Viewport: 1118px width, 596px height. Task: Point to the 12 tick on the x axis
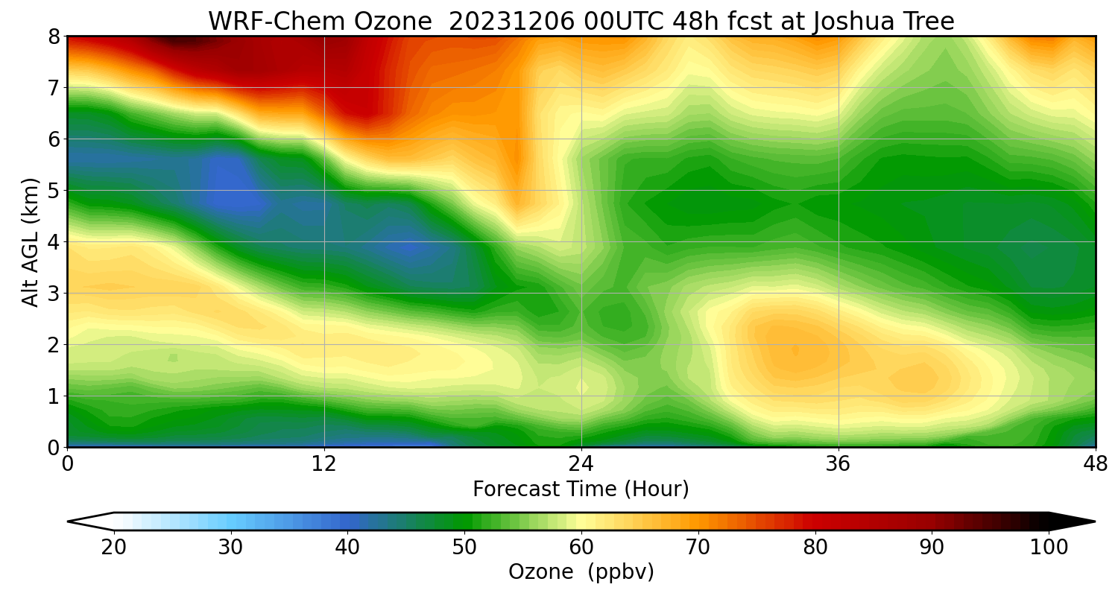(x=324, y=464)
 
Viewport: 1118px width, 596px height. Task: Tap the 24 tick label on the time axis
(x=581, y=464)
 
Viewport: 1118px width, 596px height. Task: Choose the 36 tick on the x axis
(x=838, y=464)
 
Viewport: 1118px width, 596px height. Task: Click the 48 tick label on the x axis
(x=1095, y=464)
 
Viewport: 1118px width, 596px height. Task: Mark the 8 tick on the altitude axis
(x=54, y=37)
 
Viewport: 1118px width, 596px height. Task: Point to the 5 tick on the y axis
(x=54, y=191)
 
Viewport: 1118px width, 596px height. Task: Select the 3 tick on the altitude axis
(x=54, y=294)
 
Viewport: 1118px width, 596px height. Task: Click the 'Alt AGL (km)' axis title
(x=31, y=241)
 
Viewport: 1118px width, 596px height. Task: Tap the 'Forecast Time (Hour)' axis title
(x=581, y=489)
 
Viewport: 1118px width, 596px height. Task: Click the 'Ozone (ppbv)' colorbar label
(x=581, y=572)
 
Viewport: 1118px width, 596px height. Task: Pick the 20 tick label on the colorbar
(x=114, y=548)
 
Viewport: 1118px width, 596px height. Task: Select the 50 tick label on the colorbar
(x=464, y=548)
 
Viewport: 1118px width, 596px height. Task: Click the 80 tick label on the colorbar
(x=815, y=548)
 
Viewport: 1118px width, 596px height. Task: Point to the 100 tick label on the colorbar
(x=1048, y=548)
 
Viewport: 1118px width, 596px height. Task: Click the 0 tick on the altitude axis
(x=54, y=448)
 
